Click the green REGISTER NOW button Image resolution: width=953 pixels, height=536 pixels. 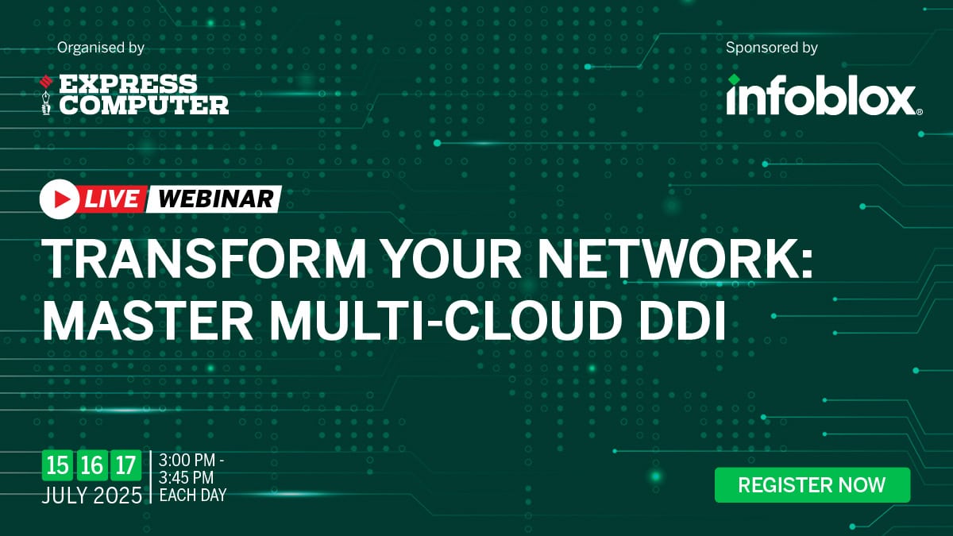812,485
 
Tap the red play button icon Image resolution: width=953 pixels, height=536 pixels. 60,199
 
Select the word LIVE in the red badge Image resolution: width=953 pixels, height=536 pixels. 112,199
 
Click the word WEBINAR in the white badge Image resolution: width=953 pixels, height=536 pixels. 216,199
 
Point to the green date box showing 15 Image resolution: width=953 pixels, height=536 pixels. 57,465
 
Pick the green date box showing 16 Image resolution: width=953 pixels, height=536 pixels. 91,465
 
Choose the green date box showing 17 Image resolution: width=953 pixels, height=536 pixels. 125,465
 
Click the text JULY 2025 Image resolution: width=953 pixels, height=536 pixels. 92,496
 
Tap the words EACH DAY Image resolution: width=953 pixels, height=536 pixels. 193,496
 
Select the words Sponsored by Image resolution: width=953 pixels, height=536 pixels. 771,47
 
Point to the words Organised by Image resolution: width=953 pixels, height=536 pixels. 101,47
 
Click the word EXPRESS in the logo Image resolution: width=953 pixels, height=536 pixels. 128,84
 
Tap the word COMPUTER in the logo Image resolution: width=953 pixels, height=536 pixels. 144,105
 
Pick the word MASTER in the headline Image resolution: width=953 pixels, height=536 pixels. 148,319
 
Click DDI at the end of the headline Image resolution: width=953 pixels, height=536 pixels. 683,319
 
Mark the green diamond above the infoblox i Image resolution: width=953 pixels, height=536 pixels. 734,79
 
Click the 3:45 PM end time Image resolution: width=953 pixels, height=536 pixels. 187,477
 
